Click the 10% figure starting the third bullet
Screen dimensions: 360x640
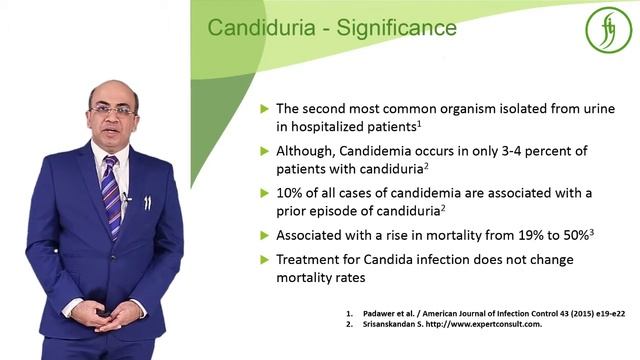coord(289,193)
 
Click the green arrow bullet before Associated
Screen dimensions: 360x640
coord(264,236)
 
